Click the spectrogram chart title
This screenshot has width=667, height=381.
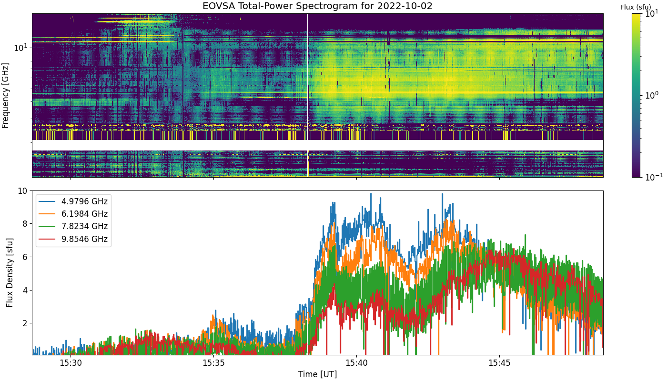(x=317, y=6)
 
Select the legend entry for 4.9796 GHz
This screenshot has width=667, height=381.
(x=73, y=201)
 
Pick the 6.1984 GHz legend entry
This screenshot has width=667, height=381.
(x=73, y=214)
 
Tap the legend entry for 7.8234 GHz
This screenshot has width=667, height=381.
(x=73, y=227)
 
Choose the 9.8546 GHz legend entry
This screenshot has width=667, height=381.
(x=73, y=239)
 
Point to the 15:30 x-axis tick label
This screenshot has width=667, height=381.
(x=71, y=363)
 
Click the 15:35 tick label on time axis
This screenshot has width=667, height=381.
(x=213, y=363)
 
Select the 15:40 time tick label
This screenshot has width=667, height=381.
(x=356, y=363)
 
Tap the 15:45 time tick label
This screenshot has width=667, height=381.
(x=499, y=363)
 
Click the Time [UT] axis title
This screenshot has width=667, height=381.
(x=317, y=374)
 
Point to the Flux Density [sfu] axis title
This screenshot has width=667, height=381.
(x=10, y=272)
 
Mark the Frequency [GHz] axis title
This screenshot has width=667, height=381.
(x=5, y=96)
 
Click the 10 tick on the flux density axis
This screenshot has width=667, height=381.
(x=23, y=191)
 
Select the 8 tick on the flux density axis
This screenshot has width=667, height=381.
(x=25, y=224)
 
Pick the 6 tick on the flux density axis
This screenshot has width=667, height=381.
(x=25, y=257)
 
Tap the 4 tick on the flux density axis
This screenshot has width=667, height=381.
(x=25, y=290)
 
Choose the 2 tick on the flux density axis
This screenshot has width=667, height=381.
(x=25, y=323)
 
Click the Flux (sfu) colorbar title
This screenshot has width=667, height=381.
(x=636, y=7)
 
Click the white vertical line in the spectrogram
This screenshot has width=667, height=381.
(x=308, y=95)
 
